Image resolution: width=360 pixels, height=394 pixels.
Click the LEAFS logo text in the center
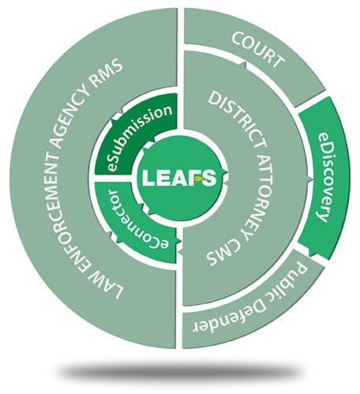pyautogui.click(x=179, y=178)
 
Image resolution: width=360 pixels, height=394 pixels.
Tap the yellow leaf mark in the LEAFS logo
pyautogui.click(x=199, y=179)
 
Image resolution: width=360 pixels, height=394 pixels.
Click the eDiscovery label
pyautogui.click(x=324, y=177)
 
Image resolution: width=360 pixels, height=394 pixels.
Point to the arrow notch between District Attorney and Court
pyautogui.click(x=244, y=64)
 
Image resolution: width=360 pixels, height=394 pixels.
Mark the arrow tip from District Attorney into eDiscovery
pyautogui.click(x=312, y=179)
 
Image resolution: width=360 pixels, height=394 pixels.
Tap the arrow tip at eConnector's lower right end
pyautogui.click(x=181, y=242)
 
